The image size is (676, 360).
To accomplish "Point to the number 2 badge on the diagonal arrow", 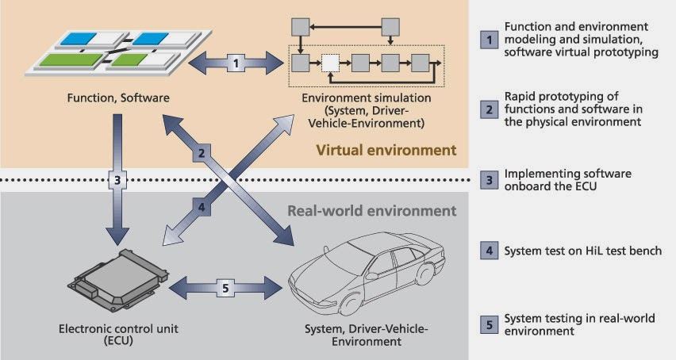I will coord(203,153).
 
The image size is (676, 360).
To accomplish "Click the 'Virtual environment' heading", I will coord(386,150).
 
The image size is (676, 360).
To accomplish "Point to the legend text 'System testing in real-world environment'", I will coord(579,324).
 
